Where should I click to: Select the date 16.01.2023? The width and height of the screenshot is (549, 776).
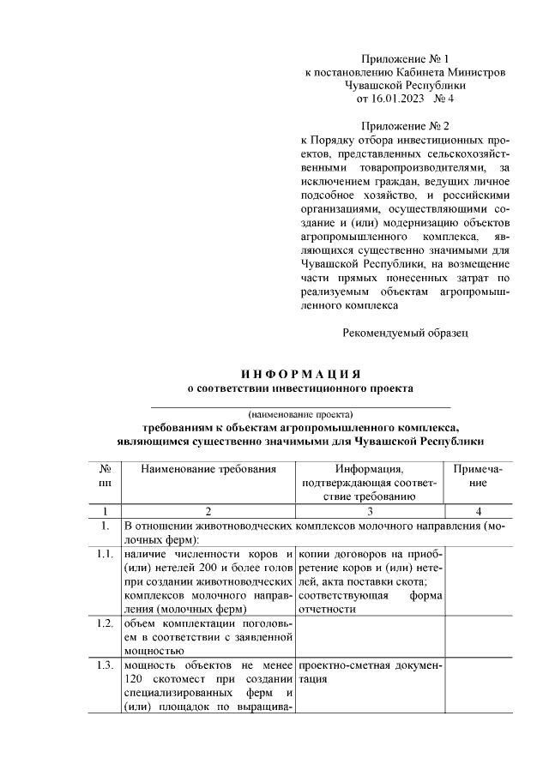click(401, 100)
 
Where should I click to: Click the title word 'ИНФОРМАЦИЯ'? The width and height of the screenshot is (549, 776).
click(300, 375)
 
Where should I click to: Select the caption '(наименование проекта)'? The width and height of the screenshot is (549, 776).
click(300, 412)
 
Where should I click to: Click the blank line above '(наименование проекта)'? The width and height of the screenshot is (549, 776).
click(300, 404)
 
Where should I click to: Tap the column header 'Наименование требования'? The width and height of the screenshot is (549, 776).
click(208, 469)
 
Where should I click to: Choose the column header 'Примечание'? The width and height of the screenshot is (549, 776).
click(473, 476)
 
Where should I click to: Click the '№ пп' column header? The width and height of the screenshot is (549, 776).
click(106, 476)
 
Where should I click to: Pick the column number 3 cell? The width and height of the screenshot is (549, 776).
click(369, 510)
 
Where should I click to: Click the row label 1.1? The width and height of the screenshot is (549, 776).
click(106, 554)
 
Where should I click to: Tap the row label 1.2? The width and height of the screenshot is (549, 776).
click(106, 623)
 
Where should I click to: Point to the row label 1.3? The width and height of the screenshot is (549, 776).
click(106, 665)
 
